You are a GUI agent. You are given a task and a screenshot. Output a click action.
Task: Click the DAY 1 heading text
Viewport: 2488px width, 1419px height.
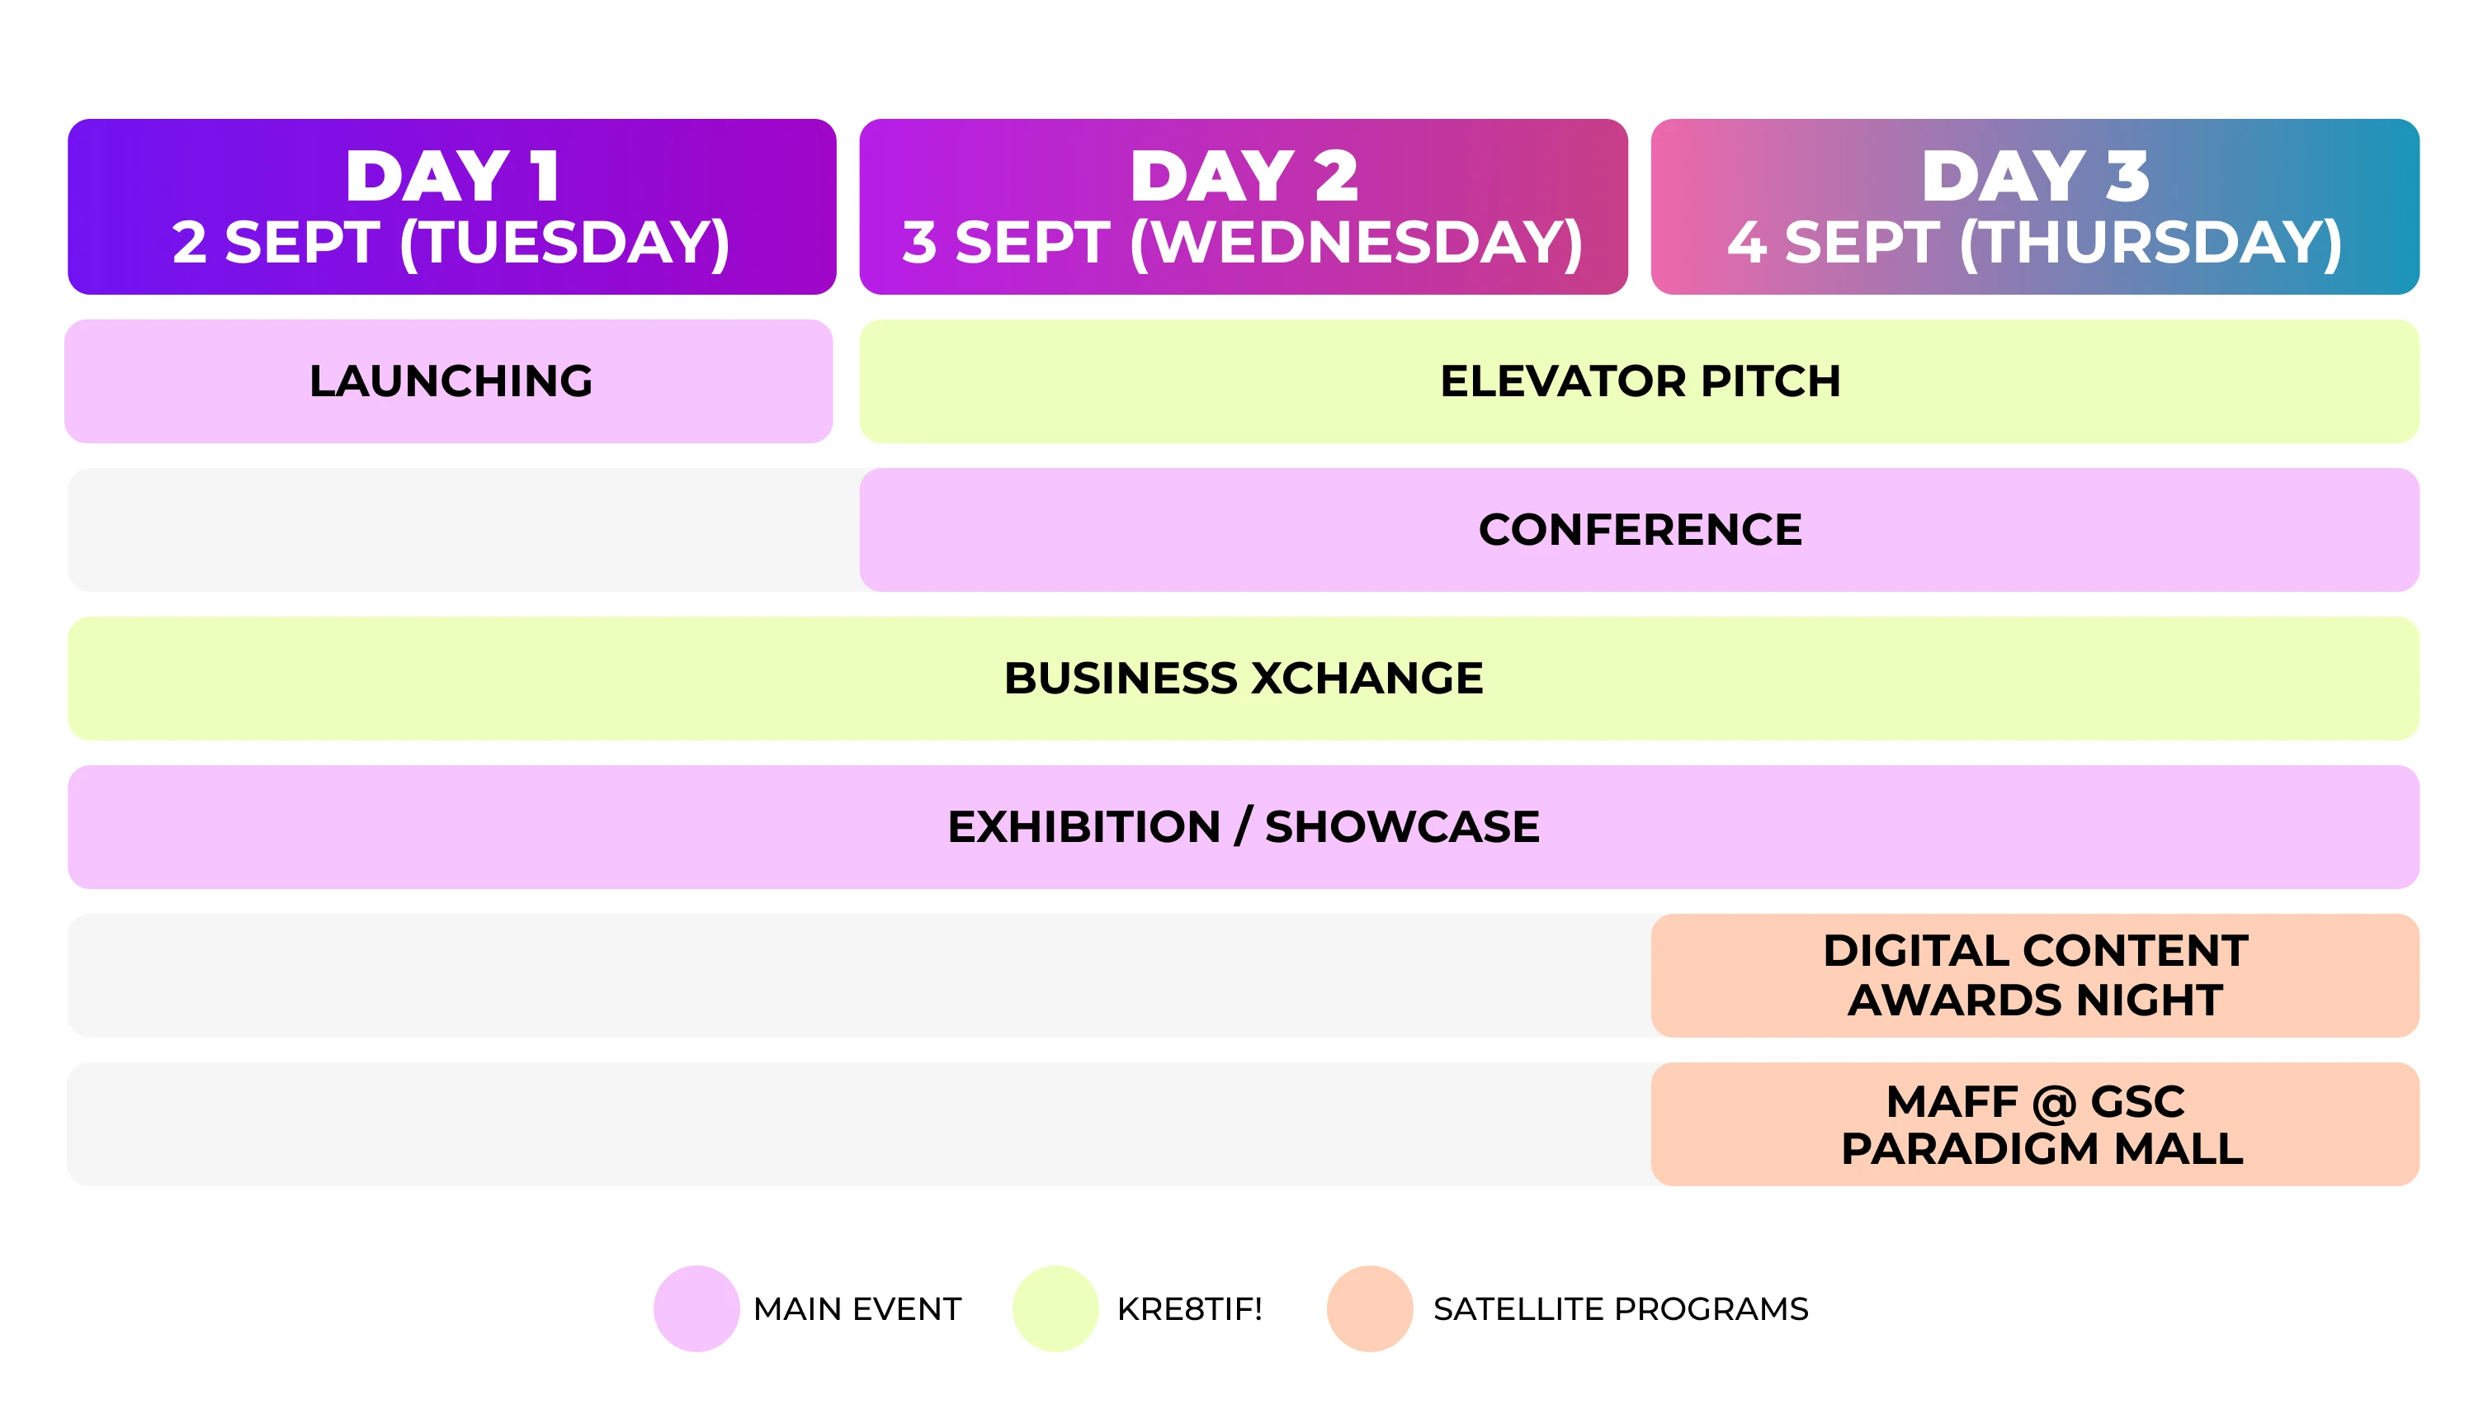452,177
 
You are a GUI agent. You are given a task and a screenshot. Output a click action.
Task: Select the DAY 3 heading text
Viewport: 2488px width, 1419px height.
2035,177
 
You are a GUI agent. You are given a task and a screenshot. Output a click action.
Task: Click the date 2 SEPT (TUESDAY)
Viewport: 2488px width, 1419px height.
451,243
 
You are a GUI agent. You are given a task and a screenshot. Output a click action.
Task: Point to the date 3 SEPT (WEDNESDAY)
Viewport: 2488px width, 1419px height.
1243,243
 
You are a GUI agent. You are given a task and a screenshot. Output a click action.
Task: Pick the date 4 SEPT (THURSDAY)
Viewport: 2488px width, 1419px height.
2035,243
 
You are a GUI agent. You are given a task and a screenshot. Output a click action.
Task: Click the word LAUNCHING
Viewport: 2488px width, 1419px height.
451,381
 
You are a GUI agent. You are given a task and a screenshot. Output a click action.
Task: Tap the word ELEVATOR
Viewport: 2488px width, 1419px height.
1563,381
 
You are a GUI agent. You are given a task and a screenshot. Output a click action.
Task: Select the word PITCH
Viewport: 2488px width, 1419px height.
1770,381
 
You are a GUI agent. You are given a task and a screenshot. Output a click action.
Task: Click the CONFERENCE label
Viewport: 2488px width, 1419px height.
1641,530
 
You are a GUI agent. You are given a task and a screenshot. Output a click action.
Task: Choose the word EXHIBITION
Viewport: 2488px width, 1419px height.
1084,827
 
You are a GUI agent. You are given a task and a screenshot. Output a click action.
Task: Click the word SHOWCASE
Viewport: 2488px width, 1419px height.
1402,827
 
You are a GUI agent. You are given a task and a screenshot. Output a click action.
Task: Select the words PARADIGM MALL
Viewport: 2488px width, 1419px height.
2042,1149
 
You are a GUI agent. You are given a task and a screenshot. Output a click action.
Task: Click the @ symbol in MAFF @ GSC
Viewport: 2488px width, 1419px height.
2053,1103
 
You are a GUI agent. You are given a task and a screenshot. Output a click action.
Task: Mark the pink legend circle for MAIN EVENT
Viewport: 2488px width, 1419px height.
696,1309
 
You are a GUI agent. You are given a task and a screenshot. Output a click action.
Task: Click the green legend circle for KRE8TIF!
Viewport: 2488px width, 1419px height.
1056,1309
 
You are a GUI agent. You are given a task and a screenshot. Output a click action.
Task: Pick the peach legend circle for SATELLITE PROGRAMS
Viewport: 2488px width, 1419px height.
1370,1309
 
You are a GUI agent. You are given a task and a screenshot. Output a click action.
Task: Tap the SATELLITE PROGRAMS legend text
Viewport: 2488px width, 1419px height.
1621,1309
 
